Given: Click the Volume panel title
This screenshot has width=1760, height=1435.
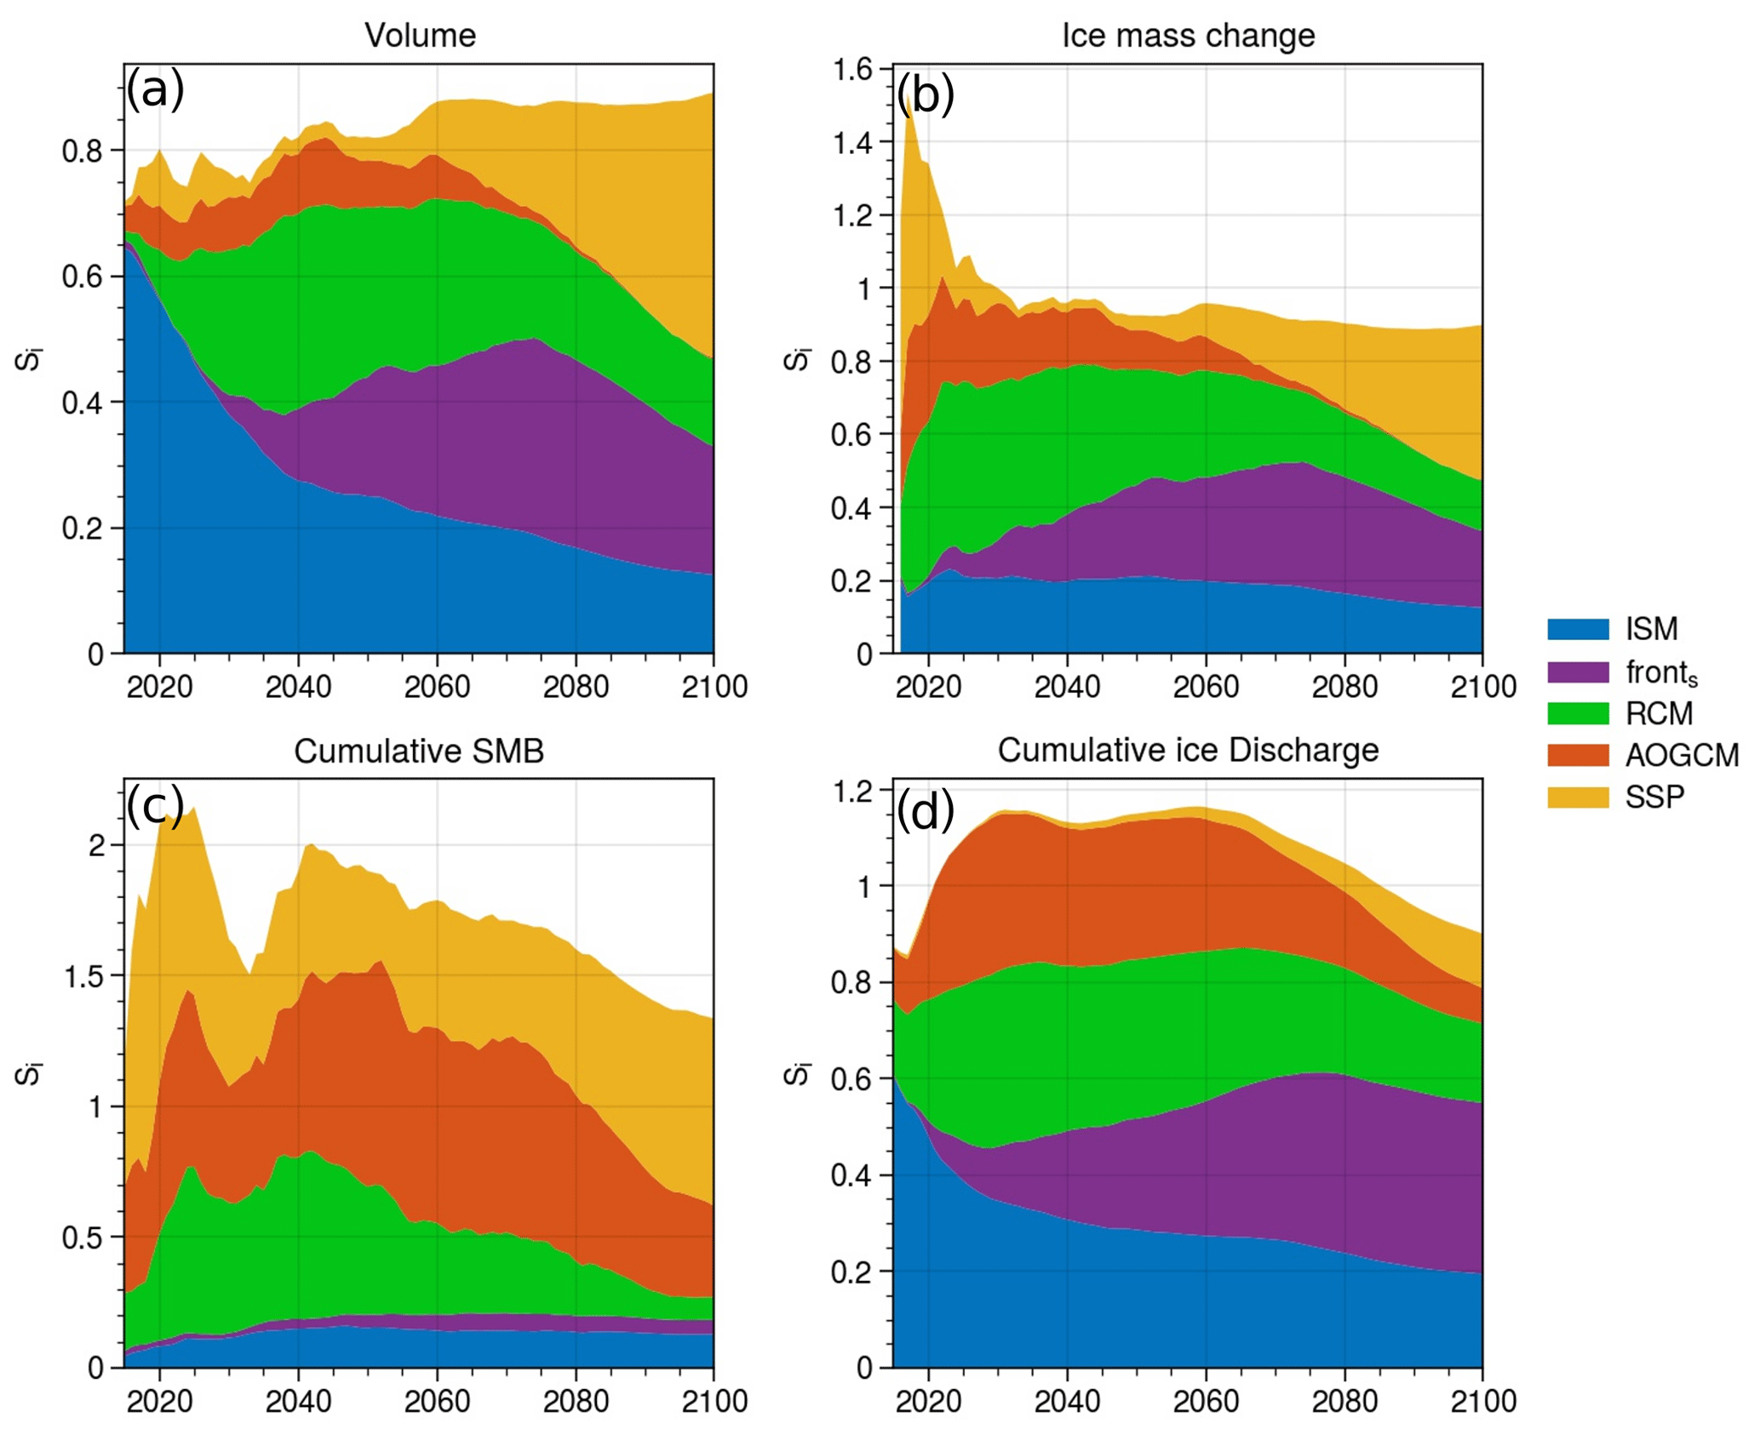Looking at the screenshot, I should click(420, 36).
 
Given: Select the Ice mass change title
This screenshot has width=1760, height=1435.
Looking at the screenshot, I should click(1188, 36).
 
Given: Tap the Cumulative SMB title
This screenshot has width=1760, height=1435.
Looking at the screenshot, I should click(419, 751).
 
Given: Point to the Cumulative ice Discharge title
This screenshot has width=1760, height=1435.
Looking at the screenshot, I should click(1188, 750).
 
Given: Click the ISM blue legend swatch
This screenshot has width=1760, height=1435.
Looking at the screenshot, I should click(1578, 629).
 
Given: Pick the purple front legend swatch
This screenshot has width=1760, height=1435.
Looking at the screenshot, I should click(1578, 672).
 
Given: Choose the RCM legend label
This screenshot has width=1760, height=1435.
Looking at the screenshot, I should click(1659, 713).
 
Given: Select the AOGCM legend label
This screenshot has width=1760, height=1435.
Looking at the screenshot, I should click(1682, 755).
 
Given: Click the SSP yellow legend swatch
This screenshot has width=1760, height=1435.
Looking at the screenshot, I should click(1578, 797).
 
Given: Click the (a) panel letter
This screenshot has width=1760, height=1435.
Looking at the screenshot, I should click(155, 89).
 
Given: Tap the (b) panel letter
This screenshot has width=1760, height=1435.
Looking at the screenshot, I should click(925, 94).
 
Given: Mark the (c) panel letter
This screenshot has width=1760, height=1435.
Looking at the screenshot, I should click(155, 805).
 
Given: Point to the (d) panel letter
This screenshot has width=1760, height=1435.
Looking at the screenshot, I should click(925, 810).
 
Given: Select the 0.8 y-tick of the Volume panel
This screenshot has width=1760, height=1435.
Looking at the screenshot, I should click(82, 151).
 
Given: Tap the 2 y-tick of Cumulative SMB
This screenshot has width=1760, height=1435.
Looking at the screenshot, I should click(96, 845).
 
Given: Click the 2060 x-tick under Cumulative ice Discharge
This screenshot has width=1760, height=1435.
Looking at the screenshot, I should click(1206, 1402).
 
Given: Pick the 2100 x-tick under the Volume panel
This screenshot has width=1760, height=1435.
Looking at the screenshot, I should click(714, 687).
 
